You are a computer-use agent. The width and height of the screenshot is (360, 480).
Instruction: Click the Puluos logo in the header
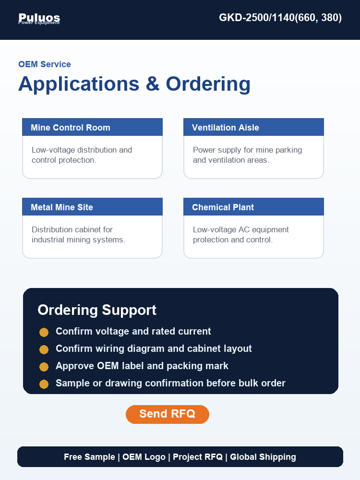pos(39,18)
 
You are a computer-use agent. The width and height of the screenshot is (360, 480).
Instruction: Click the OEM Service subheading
pos(45,64)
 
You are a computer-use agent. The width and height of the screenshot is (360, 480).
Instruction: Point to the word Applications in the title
pos(79,84)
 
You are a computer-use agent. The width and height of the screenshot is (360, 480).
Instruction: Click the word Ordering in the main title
pos(208,84)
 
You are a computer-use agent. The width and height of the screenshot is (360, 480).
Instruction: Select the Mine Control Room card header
pos(93,127)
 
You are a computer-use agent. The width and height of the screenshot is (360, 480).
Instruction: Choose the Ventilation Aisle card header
pos(253,127)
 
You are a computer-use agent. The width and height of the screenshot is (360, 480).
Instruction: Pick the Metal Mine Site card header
pos(93,206)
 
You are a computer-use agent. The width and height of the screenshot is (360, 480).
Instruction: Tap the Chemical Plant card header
pos(253,206)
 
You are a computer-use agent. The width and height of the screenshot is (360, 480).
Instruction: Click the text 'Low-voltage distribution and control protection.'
pos(82,155)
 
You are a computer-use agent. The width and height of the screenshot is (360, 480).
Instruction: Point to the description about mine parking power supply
pos(247,155)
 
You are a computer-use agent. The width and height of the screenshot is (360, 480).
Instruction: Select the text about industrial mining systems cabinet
pos(78,235)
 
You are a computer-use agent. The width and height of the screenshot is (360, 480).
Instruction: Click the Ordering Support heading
pos(97,310)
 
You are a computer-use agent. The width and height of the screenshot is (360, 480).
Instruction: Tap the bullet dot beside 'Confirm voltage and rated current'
pos(44,332)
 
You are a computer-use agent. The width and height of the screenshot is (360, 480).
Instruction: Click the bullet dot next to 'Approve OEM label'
pos(44,367)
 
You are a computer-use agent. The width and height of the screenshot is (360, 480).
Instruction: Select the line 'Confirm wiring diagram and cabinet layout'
pos(154,348)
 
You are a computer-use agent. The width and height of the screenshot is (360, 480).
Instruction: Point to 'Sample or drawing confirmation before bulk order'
pos(170,383)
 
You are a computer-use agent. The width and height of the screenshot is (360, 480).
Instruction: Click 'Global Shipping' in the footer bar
pos(263,457)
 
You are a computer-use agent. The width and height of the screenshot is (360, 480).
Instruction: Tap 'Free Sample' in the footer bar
pos(89,457)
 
